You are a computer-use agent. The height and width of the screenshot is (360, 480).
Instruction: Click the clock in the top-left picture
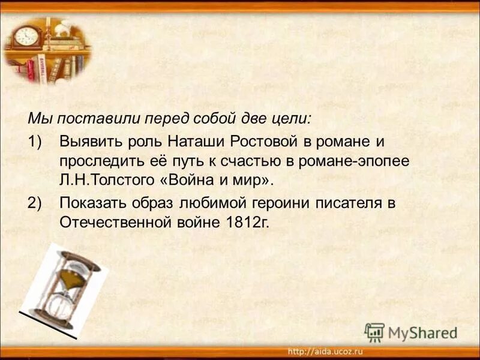pos(26,35)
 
